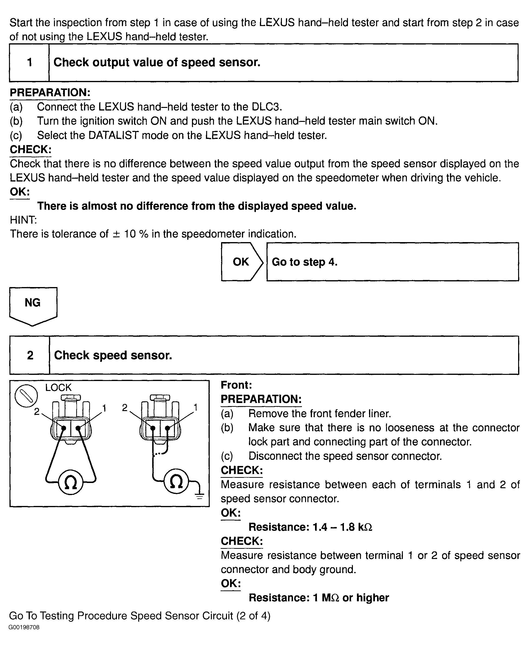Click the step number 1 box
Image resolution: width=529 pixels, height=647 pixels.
tap(30, 62)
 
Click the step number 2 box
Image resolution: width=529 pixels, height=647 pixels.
tap(30, 355)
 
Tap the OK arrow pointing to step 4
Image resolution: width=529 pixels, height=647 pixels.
tap(241, 262)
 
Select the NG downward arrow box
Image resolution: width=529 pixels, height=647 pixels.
tap(33, 304)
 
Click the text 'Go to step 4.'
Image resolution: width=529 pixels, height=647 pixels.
tap(304, 262)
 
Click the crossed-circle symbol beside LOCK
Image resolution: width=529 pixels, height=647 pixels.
tap(26, 396)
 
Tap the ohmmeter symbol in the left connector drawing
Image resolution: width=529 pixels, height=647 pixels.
tap(71, 483)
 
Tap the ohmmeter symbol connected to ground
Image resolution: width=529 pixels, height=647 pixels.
tap(176, 482)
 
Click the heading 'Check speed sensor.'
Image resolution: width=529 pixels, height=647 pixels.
tap(113, 355)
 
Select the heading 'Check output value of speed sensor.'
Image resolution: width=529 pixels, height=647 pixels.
tap(157, 62)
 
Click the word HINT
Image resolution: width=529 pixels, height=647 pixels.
tap(23, 220)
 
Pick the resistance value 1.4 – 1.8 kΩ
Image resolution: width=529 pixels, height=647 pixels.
tap(342, 527)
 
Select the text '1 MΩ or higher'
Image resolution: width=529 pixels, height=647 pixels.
tap(351, 598)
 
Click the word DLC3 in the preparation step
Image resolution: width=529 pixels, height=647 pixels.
tap(266, 107)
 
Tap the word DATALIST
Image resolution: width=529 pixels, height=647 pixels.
tap(113, 135)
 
